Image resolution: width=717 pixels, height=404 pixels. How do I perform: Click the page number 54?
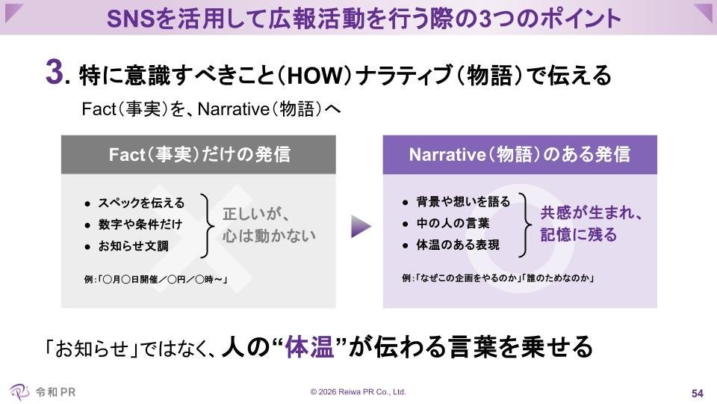[698, 394]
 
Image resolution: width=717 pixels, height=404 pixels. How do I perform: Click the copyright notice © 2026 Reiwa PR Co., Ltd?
[358, 391]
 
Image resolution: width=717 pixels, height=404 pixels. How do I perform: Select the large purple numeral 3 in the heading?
[54, 75]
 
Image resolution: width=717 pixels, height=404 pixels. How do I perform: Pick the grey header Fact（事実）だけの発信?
[199, 155]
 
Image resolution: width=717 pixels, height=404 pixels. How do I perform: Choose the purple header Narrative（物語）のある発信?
[520, 155]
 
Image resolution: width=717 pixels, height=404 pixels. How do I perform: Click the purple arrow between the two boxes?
[361, 227]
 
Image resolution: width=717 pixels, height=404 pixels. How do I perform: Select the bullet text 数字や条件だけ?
[140, 224]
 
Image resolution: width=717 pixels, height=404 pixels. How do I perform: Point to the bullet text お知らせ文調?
[134, 245]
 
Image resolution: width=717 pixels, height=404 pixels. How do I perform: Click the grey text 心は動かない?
[269, 235]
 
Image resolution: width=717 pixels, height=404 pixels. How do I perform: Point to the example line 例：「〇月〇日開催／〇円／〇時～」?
[155, 281]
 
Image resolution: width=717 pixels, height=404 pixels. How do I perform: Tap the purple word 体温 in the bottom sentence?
[311, 346]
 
